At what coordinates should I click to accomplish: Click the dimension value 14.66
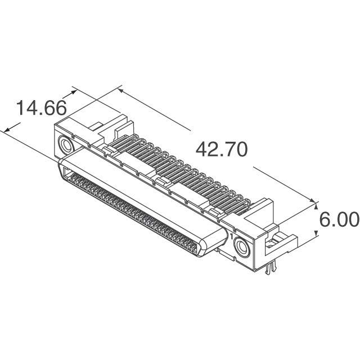pyautogui.click(x=41, y=107)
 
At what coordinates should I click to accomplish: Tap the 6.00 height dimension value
pyautogui.click(x=339, y=220)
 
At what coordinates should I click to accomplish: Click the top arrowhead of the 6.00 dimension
pyautogui.click(x=315, y=204)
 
